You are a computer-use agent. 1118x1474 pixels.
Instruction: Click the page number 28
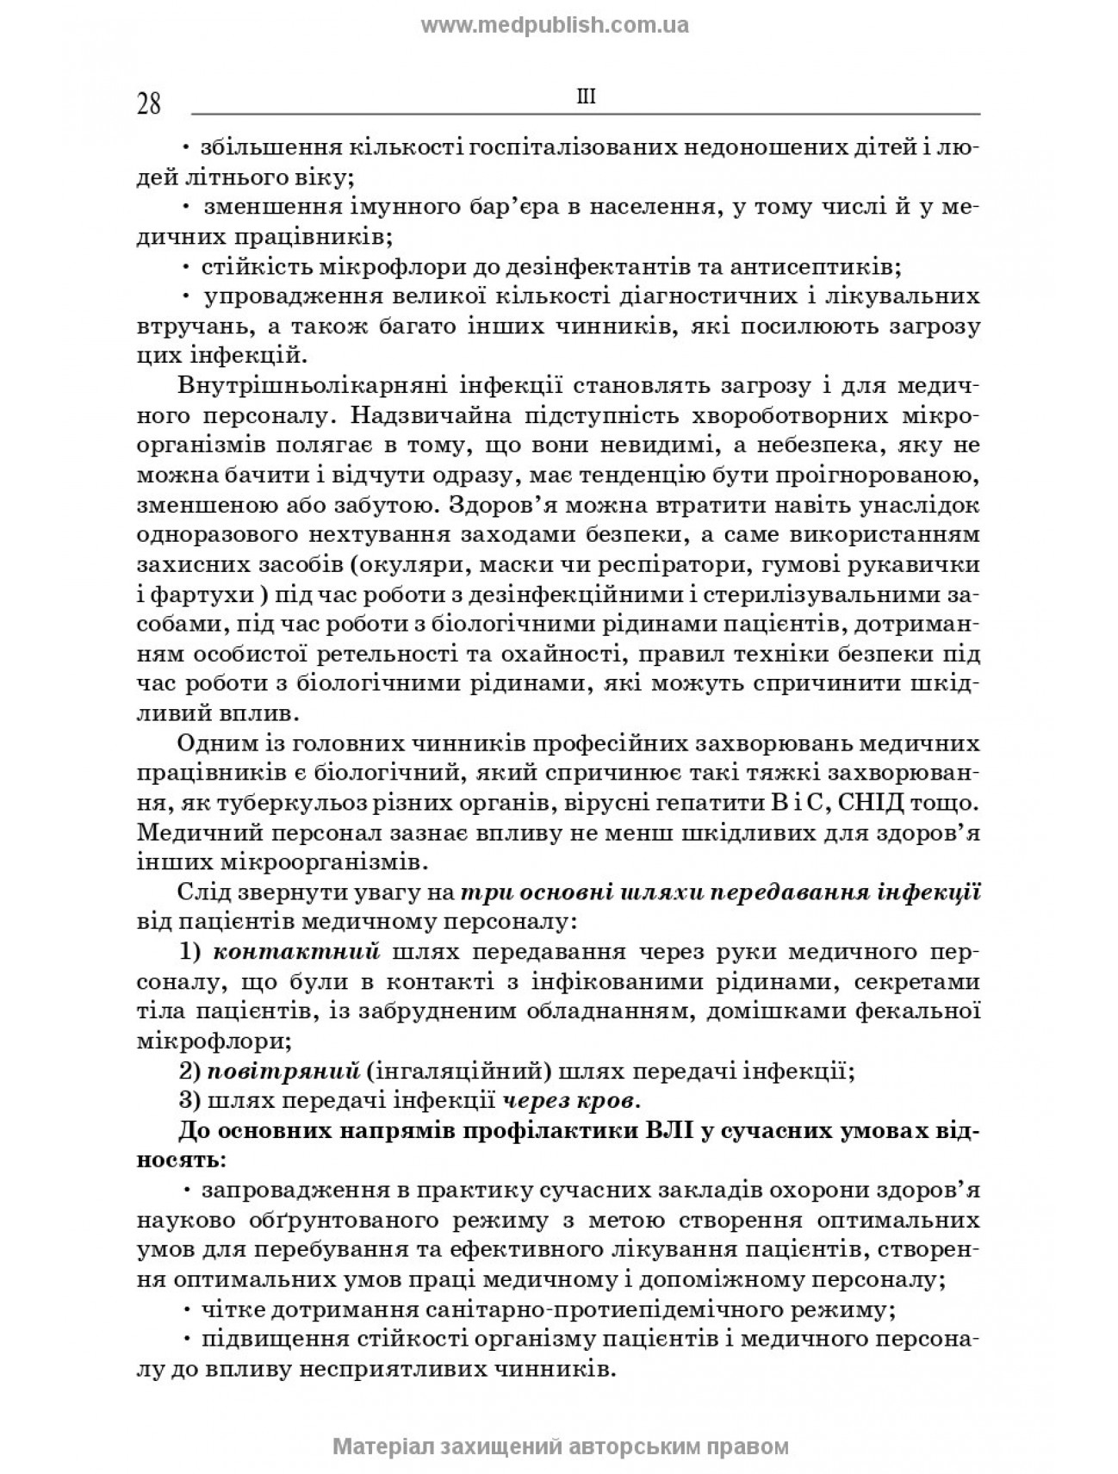click(x=149, y=104)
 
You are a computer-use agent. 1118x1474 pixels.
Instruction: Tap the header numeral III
click(x=585, y=97)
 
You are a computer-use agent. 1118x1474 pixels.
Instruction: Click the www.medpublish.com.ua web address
click(x=555, y=25)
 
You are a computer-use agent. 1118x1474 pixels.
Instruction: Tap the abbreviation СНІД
click(x=849, y=803)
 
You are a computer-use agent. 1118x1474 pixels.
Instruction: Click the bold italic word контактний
click(x=296, y=952)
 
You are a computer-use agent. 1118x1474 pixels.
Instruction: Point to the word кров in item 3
click(x=612, y=1101)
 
